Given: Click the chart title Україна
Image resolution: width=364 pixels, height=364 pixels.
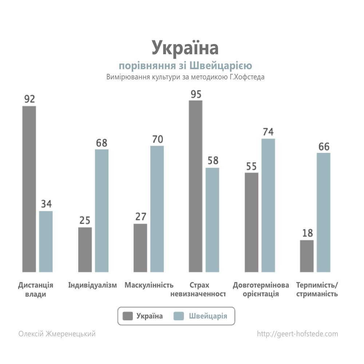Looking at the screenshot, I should coord(185,48).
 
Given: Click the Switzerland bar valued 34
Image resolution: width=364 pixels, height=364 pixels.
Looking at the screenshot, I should coord(46,241).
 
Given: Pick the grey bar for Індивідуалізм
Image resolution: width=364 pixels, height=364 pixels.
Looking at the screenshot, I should coord(85,249).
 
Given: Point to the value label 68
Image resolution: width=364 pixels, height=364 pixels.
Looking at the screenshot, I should coord(102,143).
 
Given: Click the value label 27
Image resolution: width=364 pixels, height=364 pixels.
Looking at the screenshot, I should coord(141,217).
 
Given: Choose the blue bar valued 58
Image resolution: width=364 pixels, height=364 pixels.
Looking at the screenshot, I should coord(212,219).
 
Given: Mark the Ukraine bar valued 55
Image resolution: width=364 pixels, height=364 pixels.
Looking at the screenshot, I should coord(252,222).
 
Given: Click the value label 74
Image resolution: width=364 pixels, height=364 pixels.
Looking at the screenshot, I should coord(268,132).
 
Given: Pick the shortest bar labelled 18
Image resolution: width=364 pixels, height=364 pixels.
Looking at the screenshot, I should coord(306,256).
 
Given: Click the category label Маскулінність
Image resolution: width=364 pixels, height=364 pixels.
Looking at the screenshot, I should coord(149,285).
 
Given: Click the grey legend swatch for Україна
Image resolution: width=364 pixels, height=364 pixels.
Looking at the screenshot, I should coord(128,316).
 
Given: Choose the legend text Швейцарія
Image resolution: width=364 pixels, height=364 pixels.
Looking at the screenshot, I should coord(208,316).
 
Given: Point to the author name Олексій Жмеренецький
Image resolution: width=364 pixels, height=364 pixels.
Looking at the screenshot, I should coord(57,334).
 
